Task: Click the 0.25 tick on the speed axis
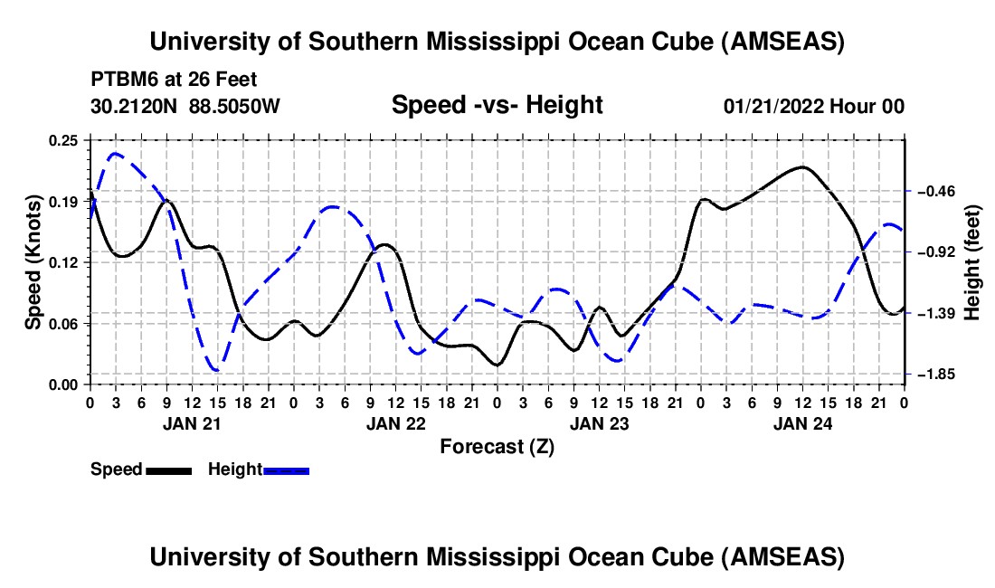(x=65, y=140)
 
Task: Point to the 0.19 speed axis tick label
(x=65, y=201)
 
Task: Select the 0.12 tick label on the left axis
(x=65, y=262)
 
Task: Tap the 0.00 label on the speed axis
(x=65, y=384)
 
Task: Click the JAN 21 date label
(x=192, y=423)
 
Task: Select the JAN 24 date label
(x=803, y=423)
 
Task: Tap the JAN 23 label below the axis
(x=599, y=423)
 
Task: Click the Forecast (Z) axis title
(x=497, y=446)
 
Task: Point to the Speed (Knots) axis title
(x=33, y=262)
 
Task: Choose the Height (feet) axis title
(x=972, y=262)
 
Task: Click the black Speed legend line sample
(x=168, y=470)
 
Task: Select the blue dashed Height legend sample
(x=286, y=470)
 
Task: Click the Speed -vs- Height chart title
(x=497, y=106)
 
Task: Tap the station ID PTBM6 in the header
(x=121, y=79)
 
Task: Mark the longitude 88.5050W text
(x=234, y=106)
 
